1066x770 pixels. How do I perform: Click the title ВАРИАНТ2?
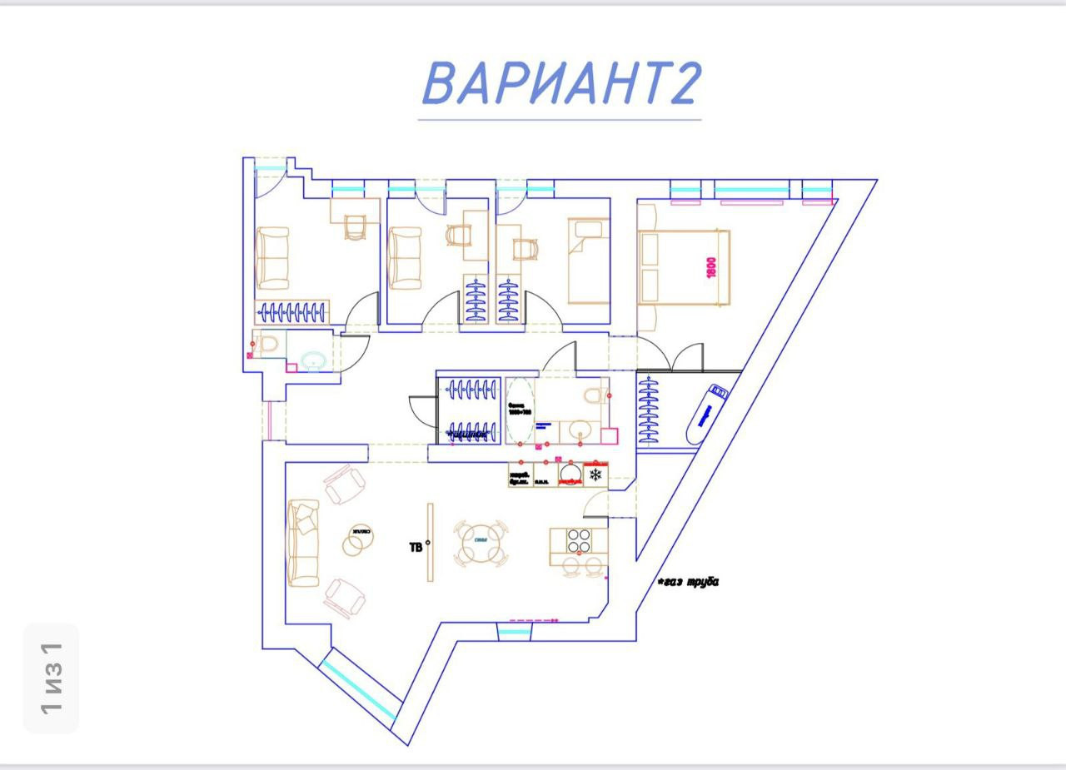click(x=560, y=84)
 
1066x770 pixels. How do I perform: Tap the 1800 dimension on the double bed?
click(x=711, y=266)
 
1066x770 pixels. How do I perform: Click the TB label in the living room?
click(x=416, y=547)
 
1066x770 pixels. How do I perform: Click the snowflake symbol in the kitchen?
click(x=595, y=475)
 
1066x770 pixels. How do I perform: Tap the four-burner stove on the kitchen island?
click(x=579, y=540)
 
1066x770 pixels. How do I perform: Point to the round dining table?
click(x=481, y=544)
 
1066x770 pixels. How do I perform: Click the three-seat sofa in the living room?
click(x=303, y=542)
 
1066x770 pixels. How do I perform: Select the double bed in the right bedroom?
click(x=684, y=267)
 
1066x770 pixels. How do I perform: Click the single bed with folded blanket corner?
click(x=588, y=261)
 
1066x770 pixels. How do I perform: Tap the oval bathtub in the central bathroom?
click(x=520, y=411)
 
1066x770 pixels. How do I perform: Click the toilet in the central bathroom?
click(x=595, y=392)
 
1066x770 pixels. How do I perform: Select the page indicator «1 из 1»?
click(x=51, y=678)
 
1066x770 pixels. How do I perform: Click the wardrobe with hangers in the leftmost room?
click(x=291, y=312)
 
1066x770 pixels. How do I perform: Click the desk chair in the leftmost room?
click(x=355, y=226)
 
